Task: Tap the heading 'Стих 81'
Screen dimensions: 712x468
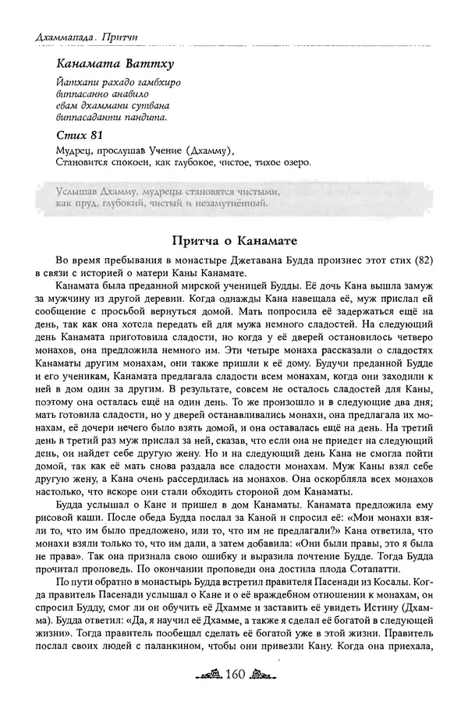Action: tap(79, 136)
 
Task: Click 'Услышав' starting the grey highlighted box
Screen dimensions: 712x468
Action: tap(78, 192)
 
